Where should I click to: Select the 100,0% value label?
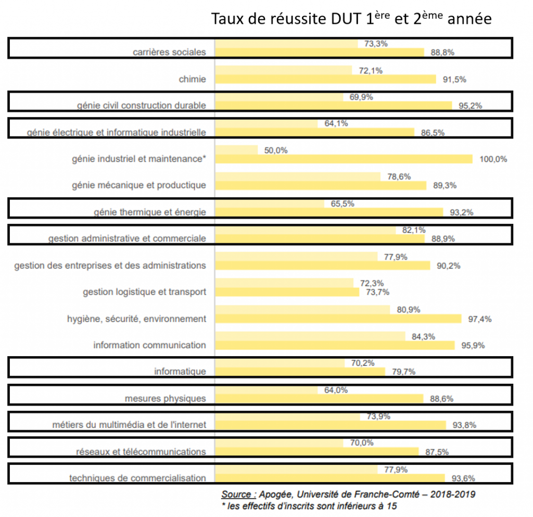(493, 159)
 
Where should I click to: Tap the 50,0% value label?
(276, 150)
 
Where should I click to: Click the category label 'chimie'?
(192, 79)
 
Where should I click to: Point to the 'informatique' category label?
(180, 372)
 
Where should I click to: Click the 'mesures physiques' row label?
(166, 399)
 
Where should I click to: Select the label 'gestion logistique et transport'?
(144, 292)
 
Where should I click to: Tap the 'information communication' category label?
(150, 345)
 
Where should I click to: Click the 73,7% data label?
(378, 292)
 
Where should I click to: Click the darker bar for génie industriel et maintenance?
(344, 159)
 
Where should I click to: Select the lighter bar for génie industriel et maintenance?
(236, 150)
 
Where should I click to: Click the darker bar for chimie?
(325, 79)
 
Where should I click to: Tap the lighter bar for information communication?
(310, 336)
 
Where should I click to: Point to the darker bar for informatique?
(300, 372)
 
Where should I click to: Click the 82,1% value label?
(414, 230)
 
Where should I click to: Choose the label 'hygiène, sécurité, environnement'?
(136, 319)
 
